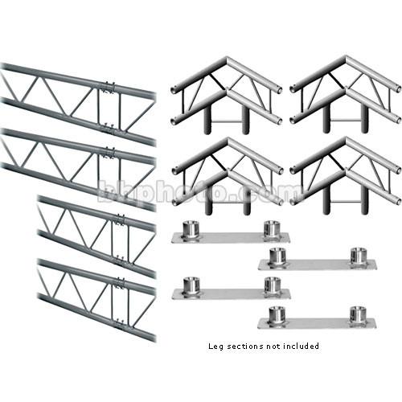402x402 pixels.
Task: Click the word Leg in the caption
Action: pos(215,347)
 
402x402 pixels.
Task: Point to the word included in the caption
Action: pos(301,346)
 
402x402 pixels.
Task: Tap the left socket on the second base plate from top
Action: pos(277,256)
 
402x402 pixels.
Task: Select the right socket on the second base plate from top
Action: pos(359,256)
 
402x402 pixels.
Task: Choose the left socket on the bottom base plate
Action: pos(277,315)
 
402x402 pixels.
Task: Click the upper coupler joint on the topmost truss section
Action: pos(109,86)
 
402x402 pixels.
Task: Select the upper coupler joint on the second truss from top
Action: pos(109,153)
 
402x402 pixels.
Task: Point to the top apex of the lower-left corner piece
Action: pos(228,140)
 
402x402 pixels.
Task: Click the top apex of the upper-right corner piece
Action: pos(346,58)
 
